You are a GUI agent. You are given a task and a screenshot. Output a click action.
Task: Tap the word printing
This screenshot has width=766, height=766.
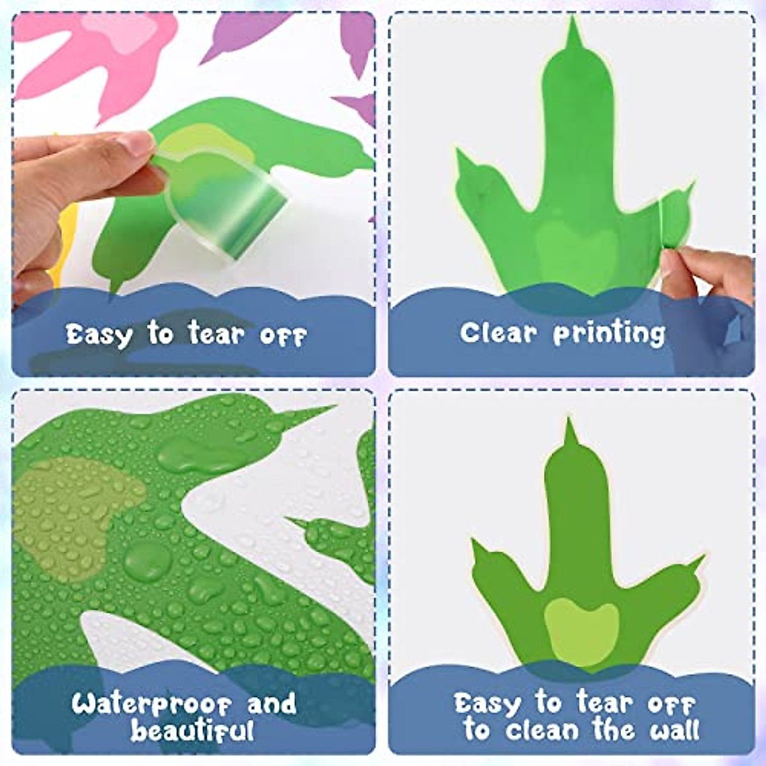609,333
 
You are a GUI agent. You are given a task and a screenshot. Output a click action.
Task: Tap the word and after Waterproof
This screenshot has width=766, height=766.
272,705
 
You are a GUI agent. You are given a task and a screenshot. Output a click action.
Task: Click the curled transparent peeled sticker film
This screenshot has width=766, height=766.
230,204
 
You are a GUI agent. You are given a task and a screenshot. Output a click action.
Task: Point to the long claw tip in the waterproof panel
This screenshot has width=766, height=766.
326,408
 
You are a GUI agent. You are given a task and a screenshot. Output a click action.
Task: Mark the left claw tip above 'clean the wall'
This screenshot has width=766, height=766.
474,543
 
